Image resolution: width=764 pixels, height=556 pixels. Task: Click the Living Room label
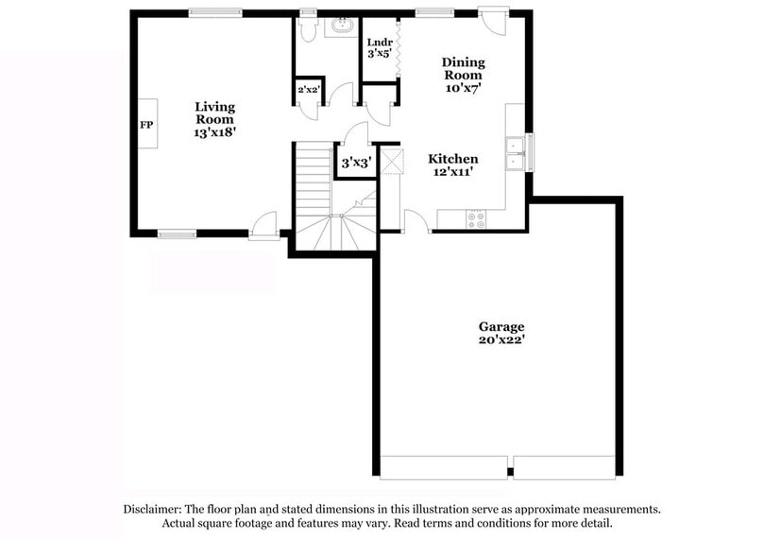click(214, 113)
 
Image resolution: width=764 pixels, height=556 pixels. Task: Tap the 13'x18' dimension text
click(214, 133)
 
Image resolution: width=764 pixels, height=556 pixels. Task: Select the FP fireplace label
click(146, 125)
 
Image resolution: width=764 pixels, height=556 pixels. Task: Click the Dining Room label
click(463, 69)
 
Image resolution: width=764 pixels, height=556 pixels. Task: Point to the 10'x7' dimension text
click(463, 88)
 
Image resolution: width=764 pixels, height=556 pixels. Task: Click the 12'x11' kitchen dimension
click(452, 172)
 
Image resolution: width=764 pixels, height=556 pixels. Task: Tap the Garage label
click(501, 327)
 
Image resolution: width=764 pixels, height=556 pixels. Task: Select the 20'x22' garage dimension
click(501, 340)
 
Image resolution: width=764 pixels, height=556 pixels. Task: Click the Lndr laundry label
click(379, 42)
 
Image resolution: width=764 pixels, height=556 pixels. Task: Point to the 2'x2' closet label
click(309, 90)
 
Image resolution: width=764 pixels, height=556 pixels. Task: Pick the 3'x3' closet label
click(355, 164)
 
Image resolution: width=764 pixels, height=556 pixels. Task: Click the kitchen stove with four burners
click(476, 219)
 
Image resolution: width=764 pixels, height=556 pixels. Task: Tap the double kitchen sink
click(516, 154)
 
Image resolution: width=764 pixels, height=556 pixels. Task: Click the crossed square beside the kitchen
click(392, 160)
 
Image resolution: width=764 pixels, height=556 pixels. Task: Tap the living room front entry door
click(265, 225)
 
